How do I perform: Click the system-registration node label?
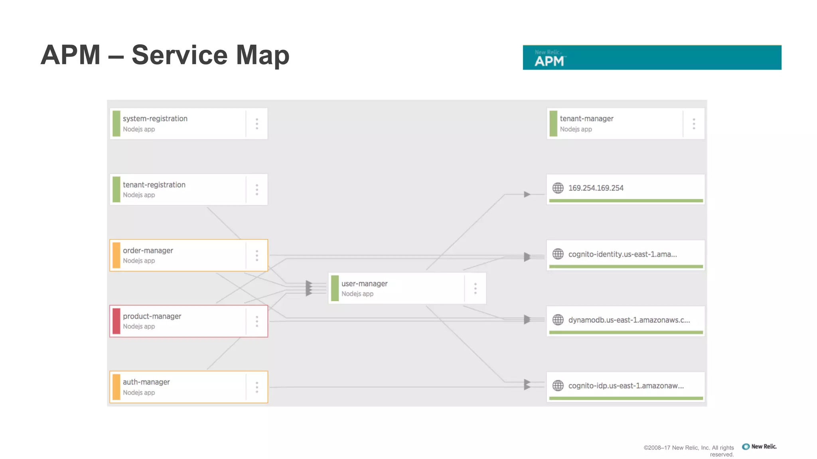pyautogui.click(x=155, y=119)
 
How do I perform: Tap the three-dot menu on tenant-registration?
pyautogui.click(x=257, y=190)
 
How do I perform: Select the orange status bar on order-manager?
pyautogui.click(x=116, y=255)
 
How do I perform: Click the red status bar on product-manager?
pyautogui.click(x=116, y=321)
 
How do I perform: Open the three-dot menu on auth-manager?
pyautogui.click(x=257, y=387)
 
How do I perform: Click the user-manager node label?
pyautogui.click(x=364, y=284)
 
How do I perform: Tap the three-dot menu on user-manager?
pyautogui.click(x=475, y=288)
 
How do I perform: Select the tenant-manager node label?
pyautogui.click(x=586, y=119)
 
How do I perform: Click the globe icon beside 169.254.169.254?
pyautogui.click(x=558, y=188)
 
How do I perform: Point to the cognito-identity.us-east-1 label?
pyautogui.click(x=622, y=254)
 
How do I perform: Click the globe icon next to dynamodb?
pyautogui.click(x=558, y=320)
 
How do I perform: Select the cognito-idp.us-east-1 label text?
pyautogui.click(x=626, y=386)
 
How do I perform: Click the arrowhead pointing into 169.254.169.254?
pyautogui.click(x=527, y=194)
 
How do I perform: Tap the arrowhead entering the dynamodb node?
pyautogui.click(x=527, y=320)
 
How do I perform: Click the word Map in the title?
pyautogui.click(x=262, y=55)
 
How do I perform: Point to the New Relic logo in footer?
pyautogui.click(x=759, y=447)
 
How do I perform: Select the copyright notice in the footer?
pyautogui.click(x=689, y=451)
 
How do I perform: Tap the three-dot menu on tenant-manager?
pyautogui.click(x=694, y=124)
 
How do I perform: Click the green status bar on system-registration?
pyautogui.click(x=116, y=124)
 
